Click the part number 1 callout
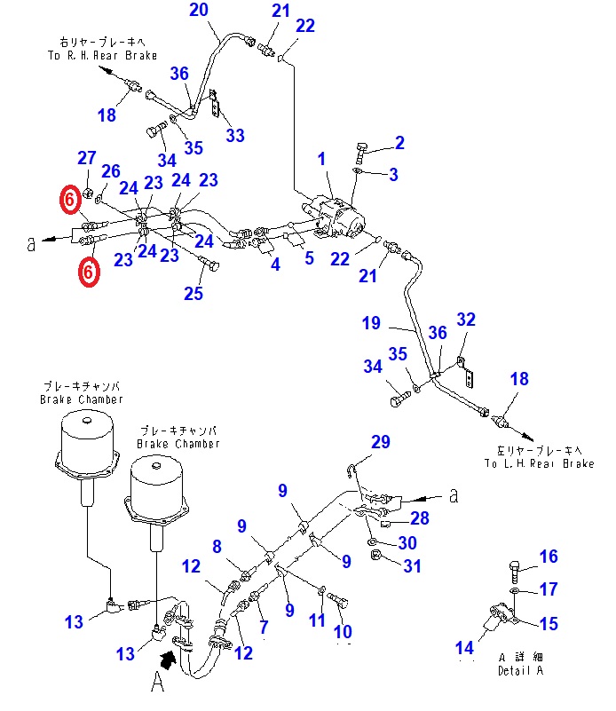tap(321, 159)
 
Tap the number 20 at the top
tap(199, 10)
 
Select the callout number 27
tap(87, 158)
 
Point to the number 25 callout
tap(193, 294)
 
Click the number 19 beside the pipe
tap(371, 323)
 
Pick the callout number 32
tap(466, 320)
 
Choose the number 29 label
tap(381, 442)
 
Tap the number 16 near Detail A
tap(549, 557)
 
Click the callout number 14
tap(464, 647)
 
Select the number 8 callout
tap(217, 547)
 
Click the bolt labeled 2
tap(360, 153)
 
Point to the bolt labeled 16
tap(514, 572)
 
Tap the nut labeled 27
tap(89, 193)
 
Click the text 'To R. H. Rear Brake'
tap(102, 55)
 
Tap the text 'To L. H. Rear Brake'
tap(539, 463)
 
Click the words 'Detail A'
tap(520, 670)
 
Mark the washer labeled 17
tap(516, 590)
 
